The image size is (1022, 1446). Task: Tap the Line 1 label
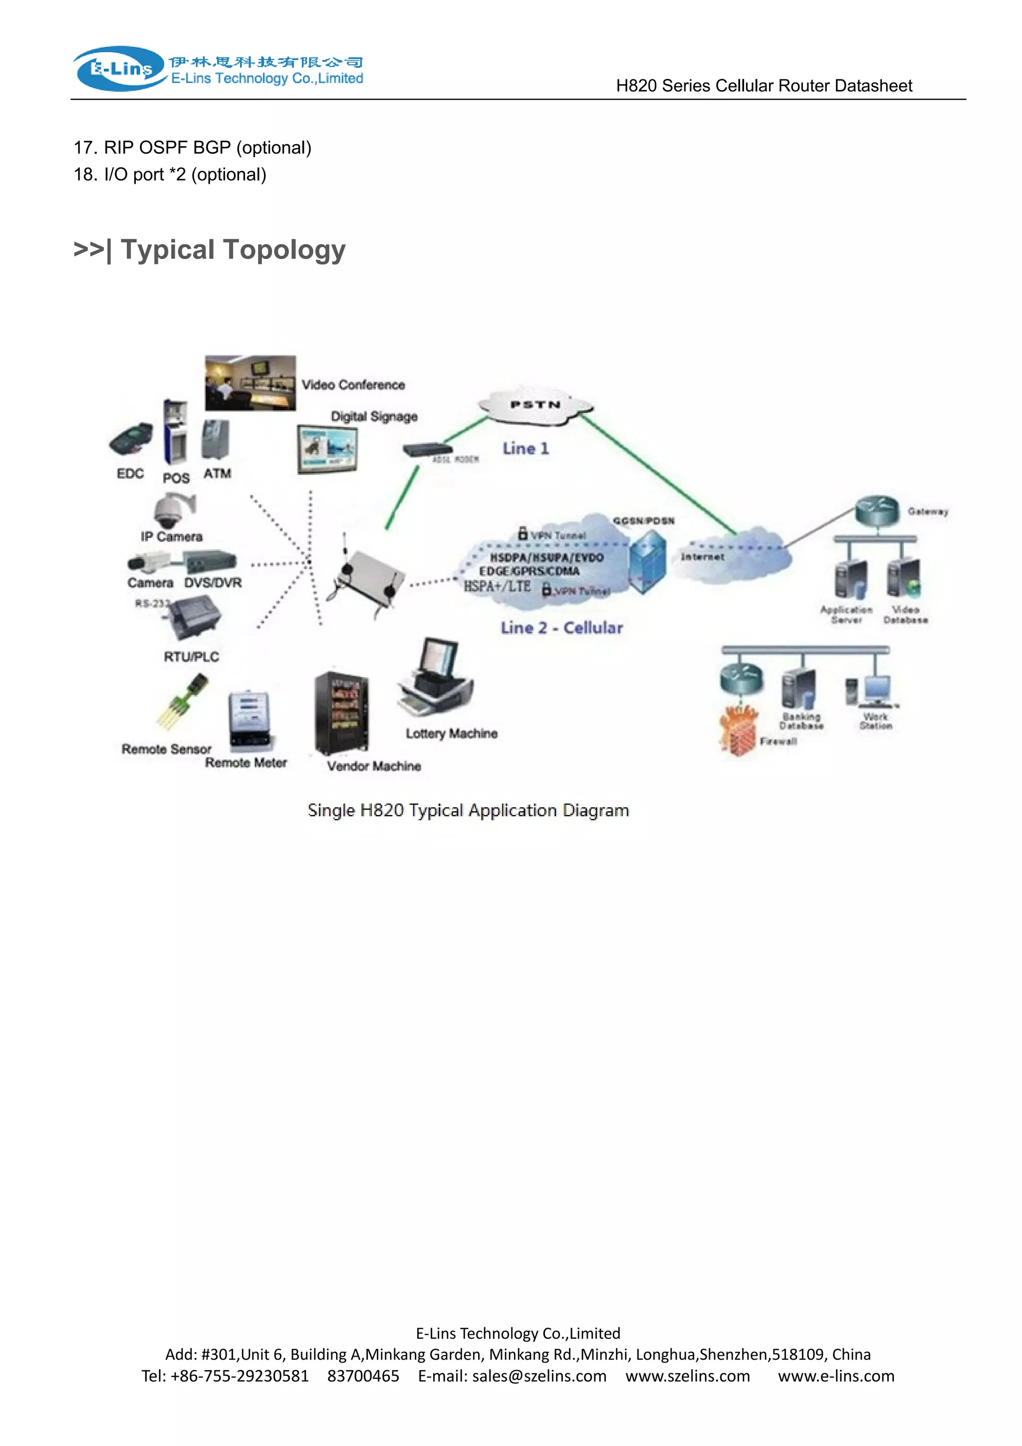pos(525,448)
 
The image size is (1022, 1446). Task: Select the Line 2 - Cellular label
pos(561,627)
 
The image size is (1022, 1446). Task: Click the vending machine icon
pos(341,712)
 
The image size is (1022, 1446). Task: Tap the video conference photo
pos(250,383)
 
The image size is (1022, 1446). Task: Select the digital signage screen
pos(327,450)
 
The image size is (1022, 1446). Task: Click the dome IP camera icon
pos(171,510)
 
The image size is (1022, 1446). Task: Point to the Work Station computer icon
pos(876,691)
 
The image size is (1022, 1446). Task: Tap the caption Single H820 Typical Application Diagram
pos(468,810)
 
